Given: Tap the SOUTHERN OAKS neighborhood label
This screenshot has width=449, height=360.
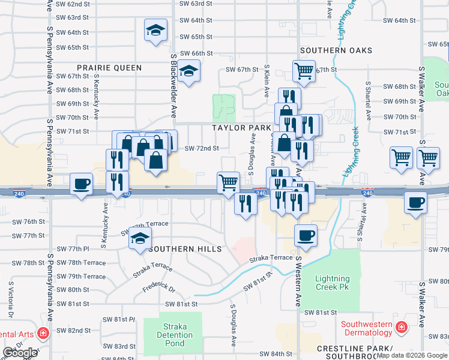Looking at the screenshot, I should (x=336, y=51).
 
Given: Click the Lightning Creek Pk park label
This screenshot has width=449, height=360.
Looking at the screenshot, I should (x=333, y=283).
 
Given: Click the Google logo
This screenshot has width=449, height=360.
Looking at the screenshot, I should (x=20, y=353).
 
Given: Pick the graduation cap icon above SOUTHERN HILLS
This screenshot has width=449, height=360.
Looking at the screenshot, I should (x=140, y=239).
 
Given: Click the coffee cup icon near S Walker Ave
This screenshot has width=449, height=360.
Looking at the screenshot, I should (x=415, y=202).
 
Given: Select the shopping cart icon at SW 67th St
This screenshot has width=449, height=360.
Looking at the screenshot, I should (x=304, y=71).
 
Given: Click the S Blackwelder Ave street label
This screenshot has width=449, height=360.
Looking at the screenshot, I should (x=173, y=85).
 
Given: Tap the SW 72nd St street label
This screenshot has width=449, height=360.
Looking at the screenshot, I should (x=201, y=148).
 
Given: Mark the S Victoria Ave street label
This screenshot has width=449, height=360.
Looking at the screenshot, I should (x=10, y=299).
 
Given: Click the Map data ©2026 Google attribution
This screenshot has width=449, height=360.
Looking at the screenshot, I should (x=412, y=355).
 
